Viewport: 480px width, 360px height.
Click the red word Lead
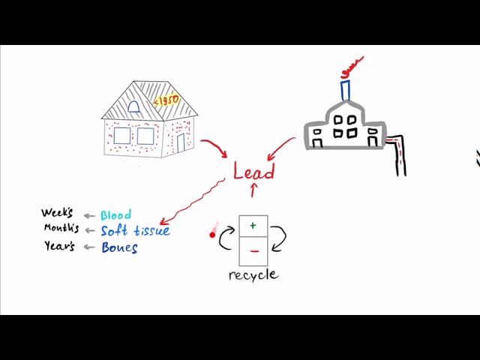(253, 172)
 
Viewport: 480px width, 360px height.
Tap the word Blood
(115, 215)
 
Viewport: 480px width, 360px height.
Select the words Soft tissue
(135, 230)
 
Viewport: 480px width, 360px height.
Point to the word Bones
(119, 247)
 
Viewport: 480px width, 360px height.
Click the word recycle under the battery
(253, 274)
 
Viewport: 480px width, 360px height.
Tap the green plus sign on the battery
(253, 225)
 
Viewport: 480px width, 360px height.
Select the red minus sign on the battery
(253, 250)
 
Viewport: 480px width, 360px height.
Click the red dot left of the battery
(212, 235)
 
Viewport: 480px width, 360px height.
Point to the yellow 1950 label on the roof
(166, 101)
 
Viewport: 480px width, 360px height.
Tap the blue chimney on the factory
(345, 89)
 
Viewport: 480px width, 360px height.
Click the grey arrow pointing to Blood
(88, 216)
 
